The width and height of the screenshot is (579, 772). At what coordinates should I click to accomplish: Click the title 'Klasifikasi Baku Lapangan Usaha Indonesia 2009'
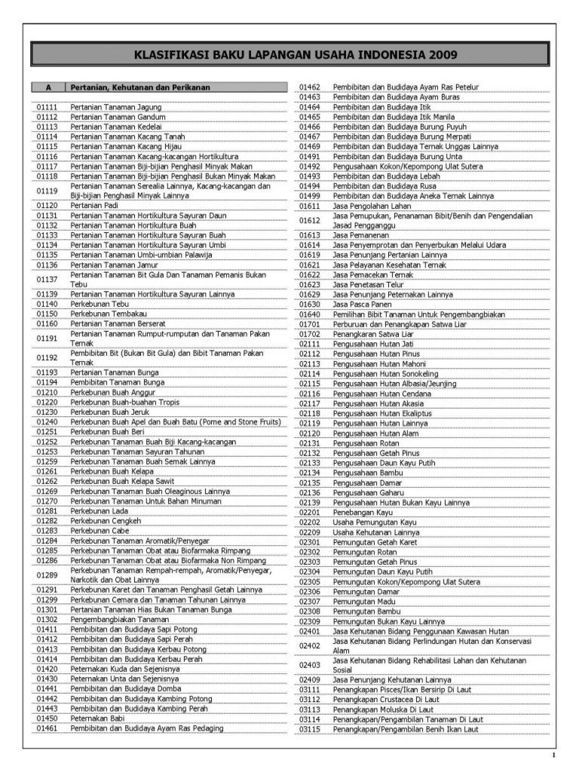coord(295,55)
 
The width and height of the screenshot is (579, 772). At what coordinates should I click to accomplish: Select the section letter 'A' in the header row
coord(47,87)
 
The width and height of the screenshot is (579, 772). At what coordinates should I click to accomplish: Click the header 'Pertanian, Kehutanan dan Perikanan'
coord(140,87)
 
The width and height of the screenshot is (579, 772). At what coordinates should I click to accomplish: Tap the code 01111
coord(47,108)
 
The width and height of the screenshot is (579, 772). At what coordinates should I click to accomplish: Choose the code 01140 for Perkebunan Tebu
coord(47,304)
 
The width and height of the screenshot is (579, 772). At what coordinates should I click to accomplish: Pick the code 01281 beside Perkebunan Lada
coord(47,511)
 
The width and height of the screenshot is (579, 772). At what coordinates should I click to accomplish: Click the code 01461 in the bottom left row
coord(47,729)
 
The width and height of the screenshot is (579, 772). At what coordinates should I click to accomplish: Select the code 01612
coord(310,220)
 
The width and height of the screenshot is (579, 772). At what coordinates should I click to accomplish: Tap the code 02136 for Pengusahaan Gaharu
coord(310,492)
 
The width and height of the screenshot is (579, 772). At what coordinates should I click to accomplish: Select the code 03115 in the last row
coord(310,729)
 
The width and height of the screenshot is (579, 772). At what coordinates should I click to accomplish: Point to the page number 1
coord(553,755)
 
